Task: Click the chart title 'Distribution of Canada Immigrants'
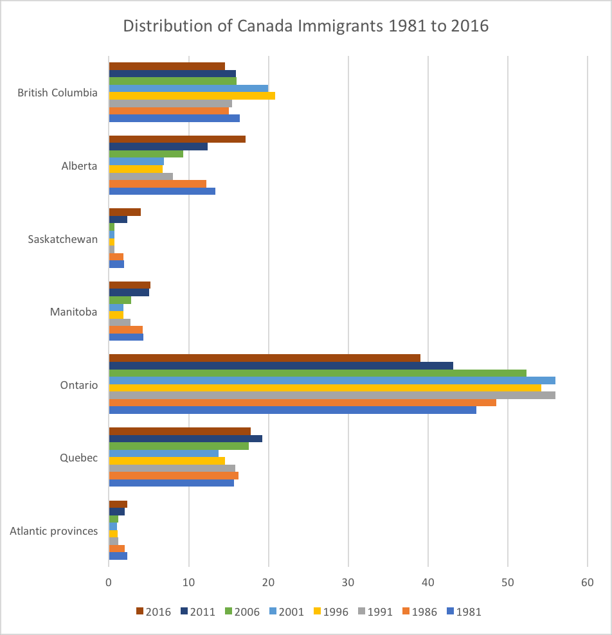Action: (306, 26)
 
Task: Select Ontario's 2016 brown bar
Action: (264, 358)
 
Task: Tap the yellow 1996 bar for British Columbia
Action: (192, 96)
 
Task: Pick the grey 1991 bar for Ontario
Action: (332, 395)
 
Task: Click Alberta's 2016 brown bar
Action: (177, 139)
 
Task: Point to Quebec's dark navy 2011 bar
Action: (185, 438)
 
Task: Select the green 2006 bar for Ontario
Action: (318, 373)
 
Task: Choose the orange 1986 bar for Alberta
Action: (157, 184)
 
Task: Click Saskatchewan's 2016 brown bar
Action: (125, 212)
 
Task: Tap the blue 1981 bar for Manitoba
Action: (126, 337)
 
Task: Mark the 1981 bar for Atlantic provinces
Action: (118, 556)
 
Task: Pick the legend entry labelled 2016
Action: (154, 611)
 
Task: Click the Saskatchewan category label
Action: (63, 239)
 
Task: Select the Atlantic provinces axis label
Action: (54, 531)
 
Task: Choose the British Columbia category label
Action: (58, 93)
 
